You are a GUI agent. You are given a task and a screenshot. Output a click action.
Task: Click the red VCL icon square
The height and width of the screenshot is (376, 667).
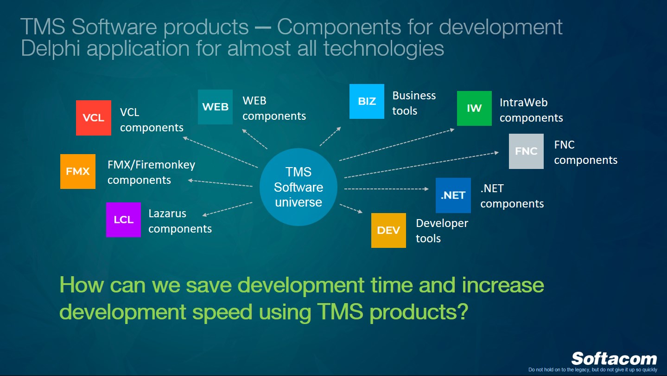(94, 118)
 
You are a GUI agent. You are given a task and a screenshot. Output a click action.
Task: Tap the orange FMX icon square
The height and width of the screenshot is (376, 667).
(78, 171)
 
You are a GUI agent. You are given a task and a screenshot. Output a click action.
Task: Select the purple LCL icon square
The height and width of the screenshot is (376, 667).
(123, 220)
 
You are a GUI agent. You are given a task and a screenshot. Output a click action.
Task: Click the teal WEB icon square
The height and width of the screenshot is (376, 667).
(215, 107)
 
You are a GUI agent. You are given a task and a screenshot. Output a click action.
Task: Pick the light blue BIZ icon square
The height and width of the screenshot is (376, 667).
(367, 101)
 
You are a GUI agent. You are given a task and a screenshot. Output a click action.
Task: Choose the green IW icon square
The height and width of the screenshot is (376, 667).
(474, 108)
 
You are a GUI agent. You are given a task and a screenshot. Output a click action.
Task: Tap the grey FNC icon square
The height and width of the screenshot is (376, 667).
(526, 151)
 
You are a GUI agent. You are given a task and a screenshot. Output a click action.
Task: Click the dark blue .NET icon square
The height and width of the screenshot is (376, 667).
(453, 195)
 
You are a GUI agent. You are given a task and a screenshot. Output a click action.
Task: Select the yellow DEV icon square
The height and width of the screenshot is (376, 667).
(388, 230)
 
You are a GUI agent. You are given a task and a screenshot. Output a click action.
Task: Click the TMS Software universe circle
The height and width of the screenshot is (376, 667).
(298, 187)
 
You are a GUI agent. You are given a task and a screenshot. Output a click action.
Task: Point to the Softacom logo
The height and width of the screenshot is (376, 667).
(614, 359)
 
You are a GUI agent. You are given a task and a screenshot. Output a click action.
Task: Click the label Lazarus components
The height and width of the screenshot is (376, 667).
(180, 221)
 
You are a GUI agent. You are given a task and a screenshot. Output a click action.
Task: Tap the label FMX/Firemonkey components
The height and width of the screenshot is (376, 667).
(151, 172)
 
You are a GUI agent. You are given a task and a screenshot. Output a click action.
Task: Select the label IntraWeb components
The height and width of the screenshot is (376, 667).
(531, 110)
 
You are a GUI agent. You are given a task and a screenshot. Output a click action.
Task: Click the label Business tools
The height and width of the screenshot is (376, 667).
(413, 103)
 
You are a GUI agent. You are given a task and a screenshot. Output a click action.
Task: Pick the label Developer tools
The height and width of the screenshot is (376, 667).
(441, 231)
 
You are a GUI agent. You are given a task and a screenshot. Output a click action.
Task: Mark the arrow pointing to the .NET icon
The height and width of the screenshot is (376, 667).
(386, 189)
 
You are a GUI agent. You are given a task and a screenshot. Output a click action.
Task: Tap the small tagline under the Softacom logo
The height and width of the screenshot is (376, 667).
(592, 370)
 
